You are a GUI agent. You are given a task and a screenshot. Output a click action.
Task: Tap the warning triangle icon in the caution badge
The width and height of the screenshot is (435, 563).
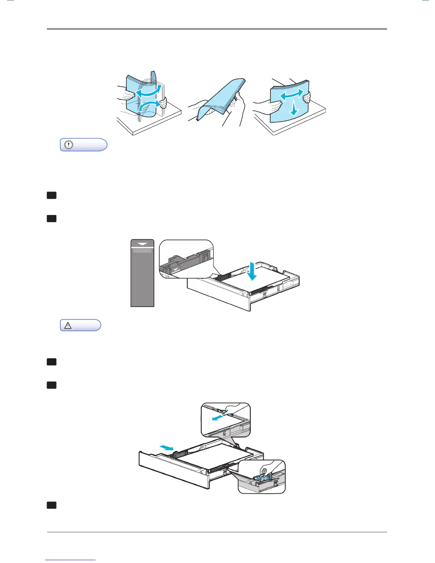click(68, 325)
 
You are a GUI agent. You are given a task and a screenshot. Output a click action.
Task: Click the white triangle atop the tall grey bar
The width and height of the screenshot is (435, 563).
click(143, 244)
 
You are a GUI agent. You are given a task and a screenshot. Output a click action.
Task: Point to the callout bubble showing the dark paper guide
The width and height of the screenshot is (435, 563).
click(186, 259)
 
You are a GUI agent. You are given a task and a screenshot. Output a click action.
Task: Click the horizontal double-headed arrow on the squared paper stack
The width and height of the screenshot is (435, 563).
click(292, 95)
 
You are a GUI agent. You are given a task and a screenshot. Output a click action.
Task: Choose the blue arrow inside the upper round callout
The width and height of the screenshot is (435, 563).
click(218, 418)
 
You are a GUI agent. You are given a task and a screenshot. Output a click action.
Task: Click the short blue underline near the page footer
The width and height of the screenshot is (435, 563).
click(70, 560)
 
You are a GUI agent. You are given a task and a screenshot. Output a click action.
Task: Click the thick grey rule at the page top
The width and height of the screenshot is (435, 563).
click(217, 29)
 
